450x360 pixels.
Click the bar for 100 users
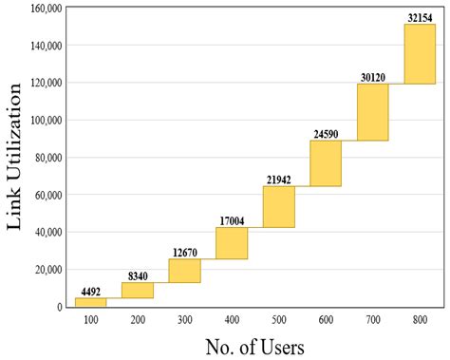point(90,302)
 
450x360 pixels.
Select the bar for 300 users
point(184,271)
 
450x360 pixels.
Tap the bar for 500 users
point(278,207)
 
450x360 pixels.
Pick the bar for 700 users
point(372,112)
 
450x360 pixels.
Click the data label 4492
point(90,292)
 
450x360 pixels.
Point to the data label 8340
point(138,276)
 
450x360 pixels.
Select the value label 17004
point(232,221)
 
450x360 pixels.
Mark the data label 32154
point(420,18)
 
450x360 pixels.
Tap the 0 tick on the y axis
point(59,307)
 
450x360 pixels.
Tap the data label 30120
point(372,78)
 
